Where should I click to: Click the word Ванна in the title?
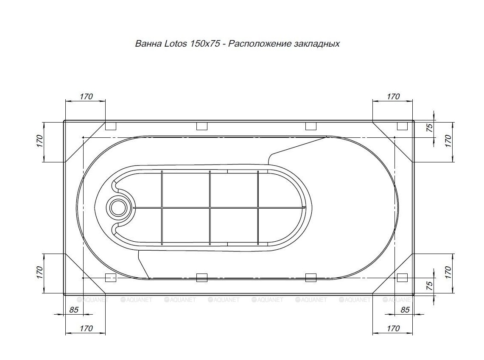pos(148,44)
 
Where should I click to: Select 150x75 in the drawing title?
pos(205,44)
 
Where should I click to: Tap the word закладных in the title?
pos(317,44)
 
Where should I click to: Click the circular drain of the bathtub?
pos(118,207)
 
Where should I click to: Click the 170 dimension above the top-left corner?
pos(86,97)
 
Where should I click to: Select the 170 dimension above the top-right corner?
pos(393,97)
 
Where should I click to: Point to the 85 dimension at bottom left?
pos(74,310)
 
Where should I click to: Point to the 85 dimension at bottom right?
pos(405,310)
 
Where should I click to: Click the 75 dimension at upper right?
pos(430,127)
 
